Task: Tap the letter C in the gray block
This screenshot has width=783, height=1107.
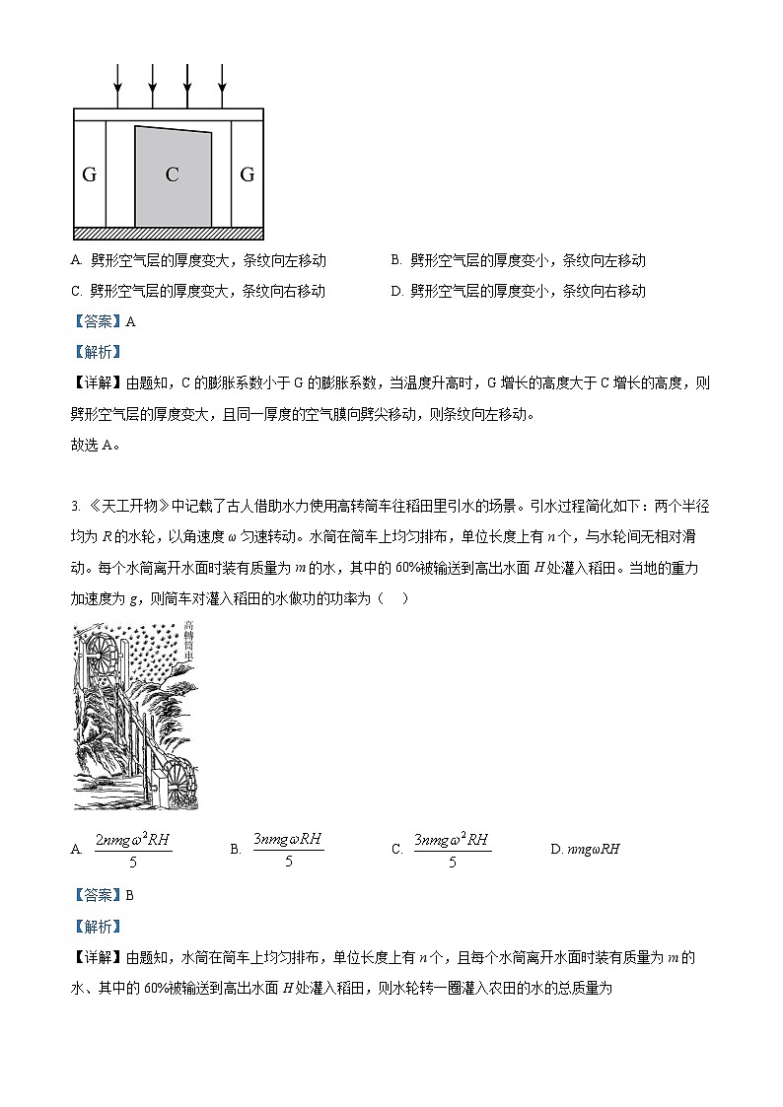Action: click(172, 175)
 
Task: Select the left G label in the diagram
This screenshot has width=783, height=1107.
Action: click(89, 175)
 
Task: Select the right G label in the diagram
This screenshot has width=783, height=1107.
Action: click(248, 175)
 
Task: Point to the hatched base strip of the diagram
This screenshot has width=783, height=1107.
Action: click(169, 234)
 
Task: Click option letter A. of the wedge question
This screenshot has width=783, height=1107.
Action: click(76, 261)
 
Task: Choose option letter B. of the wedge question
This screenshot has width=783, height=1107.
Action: click(395, 261)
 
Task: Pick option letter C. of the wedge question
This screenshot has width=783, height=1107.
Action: click(76, 291)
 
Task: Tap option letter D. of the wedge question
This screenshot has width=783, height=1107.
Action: click(396, 291)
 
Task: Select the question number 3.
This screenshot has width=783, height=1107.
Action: click(75, 506)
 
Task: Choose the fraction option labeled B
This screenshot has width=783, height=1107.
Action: click(287, 848)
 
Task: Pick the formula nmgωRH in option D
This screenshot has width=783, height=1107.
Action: click(593, 849)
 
